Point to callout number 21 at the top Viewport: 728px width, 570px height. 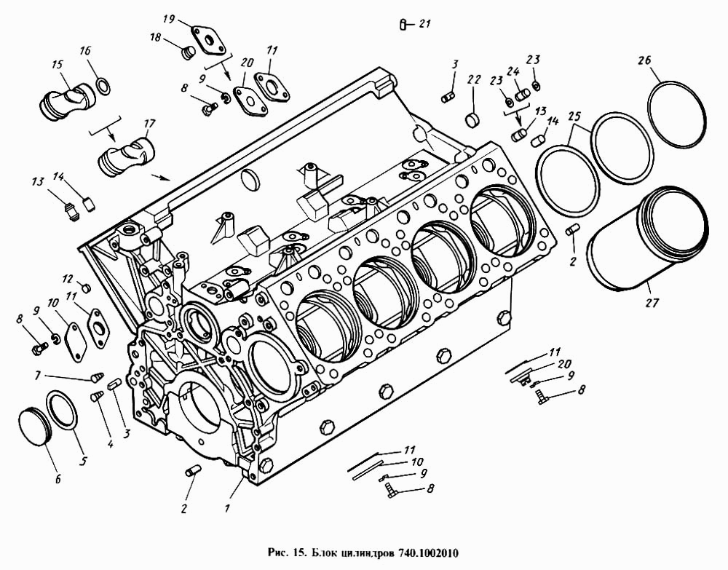(x=425, y=24)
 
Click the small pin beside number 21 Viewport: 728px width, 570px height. (x=403, y=25)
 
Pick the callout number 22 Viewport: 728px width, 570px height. (x=474, y=79)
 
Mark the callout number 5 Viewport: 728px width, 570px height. (x=82, y=461)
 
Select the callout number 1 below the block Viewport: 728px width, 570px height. (x=227, y=508)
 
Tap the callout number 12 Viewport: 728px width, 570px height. (x=67, y=278)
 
